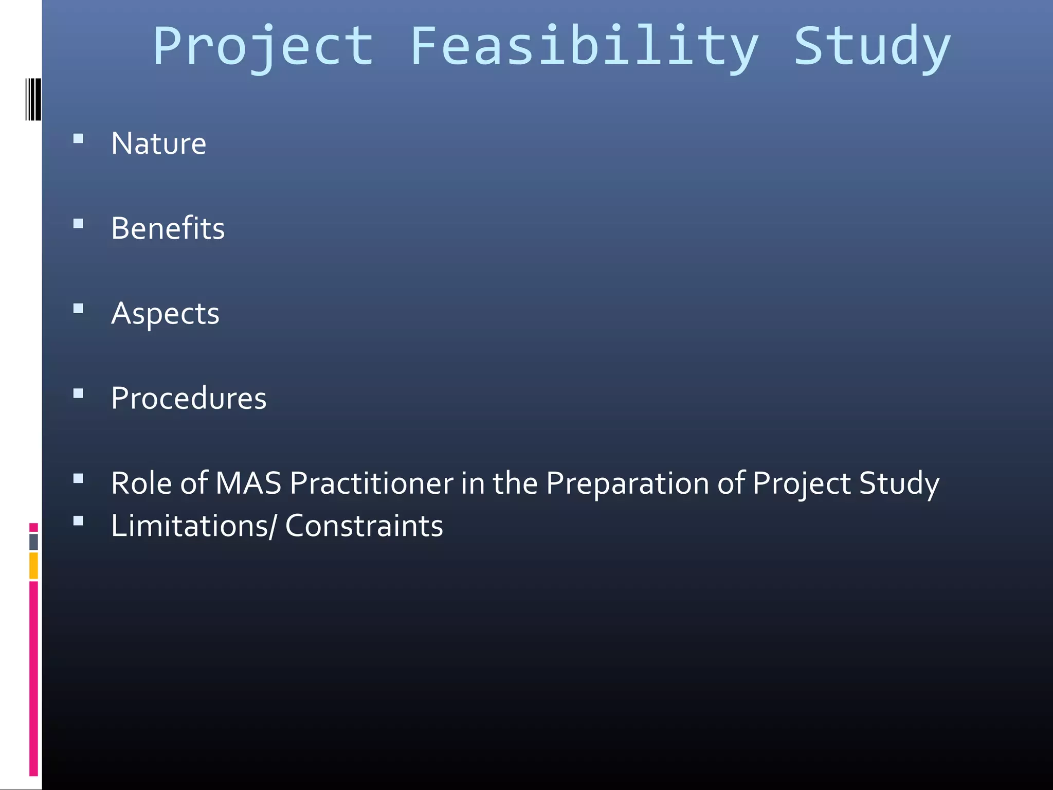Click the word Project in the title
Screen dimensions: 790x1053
[263, 47]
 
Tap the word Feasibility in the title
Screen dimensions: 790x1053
[584, 47]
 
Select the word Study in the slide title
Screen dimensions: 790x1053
[872, 47]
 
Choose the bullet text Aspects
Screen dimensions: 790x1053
[165, 313]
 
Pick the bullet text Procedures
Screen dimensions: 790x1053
[189, 398]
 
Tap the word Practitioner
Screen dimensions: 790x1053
[371, 483]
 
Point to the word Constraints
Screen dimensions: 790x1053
[364, 526]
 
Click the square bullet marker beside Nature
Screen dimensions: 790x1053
[78, 138]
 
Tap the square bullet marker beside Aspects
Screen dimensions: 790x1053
[78, 309]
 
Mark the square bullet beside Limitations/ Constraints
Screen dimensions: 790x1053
[78, 521]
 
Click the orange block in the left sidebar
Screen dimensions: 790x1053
[33, 565]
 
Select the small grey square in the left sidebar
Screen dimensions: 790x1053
[33, 542]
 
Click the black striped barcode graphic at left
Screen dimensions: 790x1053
[33, 99]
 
